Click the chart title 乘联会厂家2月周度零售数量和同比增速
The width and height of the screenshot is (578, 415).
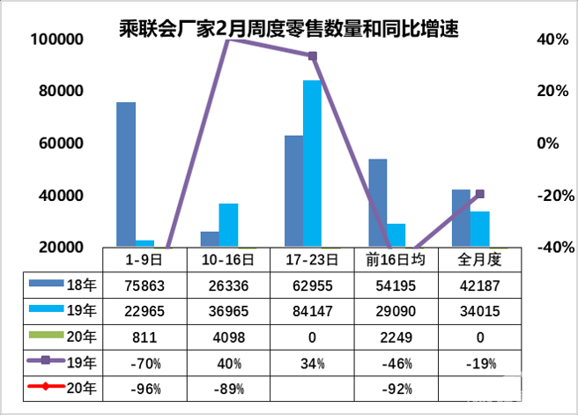(288, 30)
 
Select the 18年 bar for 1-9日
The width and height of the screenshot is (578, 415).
(126, 174)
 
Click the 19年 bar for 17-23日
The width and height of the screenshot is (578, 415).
(313, 164)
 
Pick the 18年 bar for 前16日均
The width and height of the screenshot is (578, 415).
(377, 203)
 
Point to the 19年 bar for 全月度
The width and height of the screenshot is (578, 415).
(480, 229)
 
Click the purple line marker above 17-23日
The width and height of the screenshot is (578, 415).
(312, 56)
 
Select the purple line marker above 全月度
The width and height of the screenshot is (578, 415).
(480, 194)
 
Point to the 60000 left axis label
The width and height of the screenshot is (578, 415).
(59, 144)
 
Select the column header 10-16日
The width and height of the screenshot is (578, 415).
(228, 260)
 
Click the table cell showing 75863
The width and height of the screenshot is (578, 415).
(144, 285)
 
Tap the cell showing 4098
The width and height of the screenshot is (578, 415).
(228, 336)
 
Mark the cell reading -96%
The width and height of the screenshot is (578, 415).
(144, 387)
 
